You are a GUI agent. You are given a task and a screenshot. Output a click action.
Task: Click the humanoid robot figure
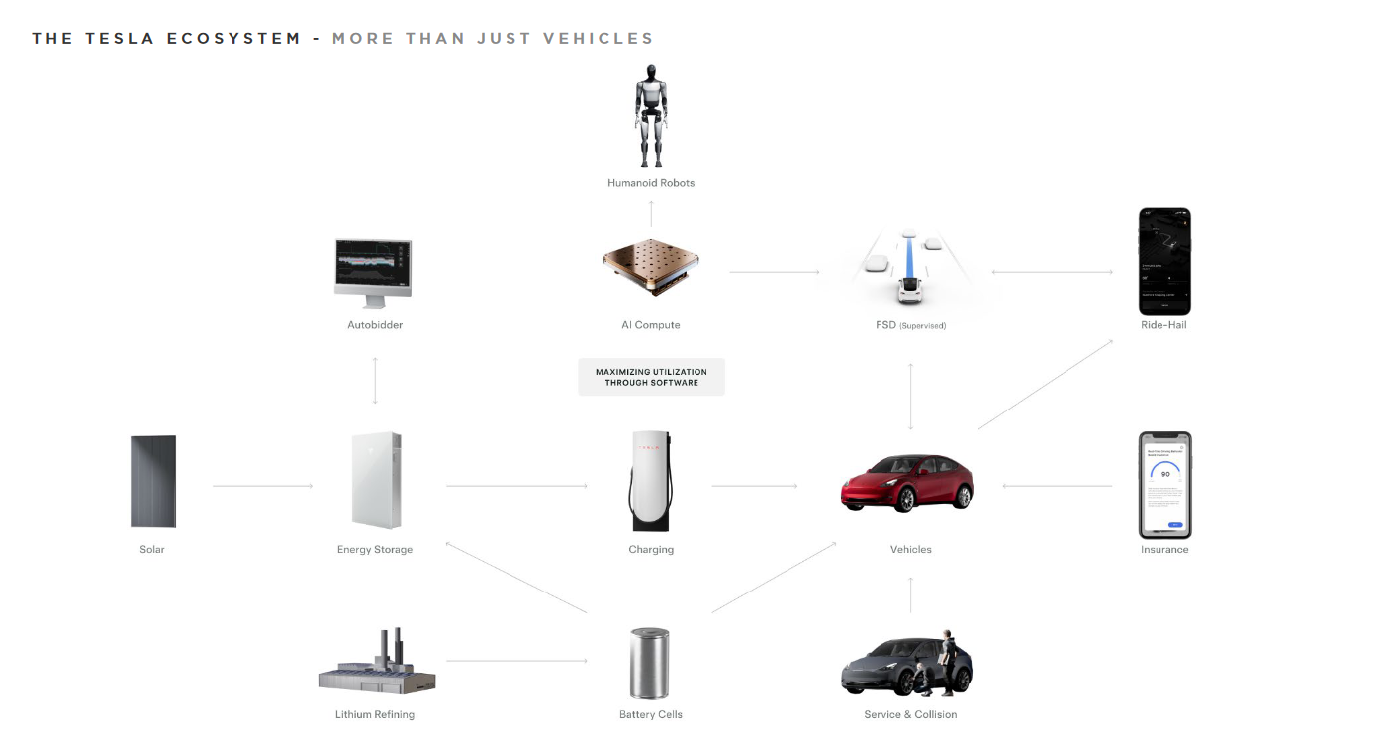point(650,117)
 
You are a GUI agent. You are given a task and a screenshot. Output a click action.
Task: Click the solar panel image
point(153,482)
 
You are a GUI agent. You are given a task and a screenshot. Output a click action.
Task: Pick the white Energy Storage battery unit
point(375,481)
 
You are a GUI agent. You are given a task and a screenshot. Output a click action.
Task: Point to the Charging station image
point(650,481)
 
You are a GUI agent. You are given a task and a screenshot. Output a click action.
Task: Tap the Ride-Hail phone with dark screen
point(1164,261)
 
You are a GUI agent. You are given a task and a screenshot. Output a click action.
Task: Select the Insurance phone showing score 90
point(1164,485)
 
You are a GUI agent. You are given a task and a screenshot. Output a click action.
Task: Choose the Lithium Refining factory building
point(377,664)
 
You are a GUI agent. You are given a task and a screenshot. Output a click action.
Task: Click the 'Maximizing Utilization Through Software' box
point(651,377)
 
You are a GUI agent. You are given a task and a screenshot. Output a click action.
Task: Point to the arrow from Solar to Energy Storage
point(262,486)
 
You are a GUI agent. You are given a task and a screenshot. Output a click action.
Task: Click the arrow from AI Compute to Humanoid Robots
point(651,214)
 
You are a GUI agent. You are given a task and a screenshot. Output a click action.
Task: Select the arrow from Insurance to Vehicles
point(1057,486)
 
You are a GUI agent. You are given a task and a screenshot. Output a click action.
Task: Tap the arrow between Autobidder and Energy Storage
point(375,381)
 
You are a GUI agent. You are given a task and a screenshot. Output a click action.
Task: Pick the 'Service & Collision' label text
point(910,714)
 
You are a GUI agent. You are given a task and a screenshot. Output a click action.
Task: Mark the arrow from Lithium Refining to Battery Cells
point(517,660)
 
